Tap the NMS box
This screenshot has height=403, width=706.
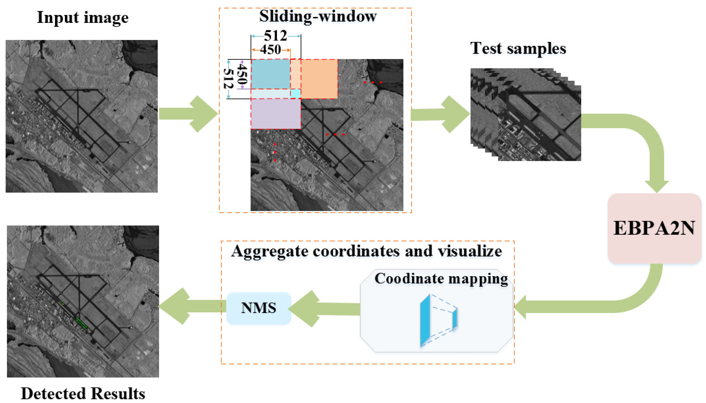pyautogui.click(x=258, y=308)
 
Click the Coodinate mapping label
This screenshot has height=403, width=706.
pyautogui.click(x=441, y=279)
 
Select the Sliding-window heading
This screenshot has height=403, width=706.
pyautogui.click(x=318, y=16)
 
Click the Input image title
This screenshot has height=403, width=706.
pyautogui.click(x=82, y=18)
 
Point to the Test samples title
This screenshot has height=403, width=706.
pyautogui.click(x=518, y=48)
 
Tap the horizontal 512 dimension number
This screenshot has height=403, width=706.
pyautogui.click(x=275, y=36)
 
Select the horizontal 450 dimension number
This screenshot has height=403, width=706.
pyautogui.click(x=270, y=50)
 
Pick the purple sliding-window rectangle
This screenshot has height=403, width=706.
pyautogui.click(x=275, y=114)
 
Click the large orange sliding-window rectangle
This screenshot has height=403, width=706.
pyautogui.click(x=319, y=79)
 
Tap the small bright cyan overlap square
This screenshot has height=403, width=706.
pyautogui.click(x=295, y=94)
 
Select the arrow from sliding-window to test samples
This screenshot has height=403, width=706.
pyautogui.click(x=440, y=114)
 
